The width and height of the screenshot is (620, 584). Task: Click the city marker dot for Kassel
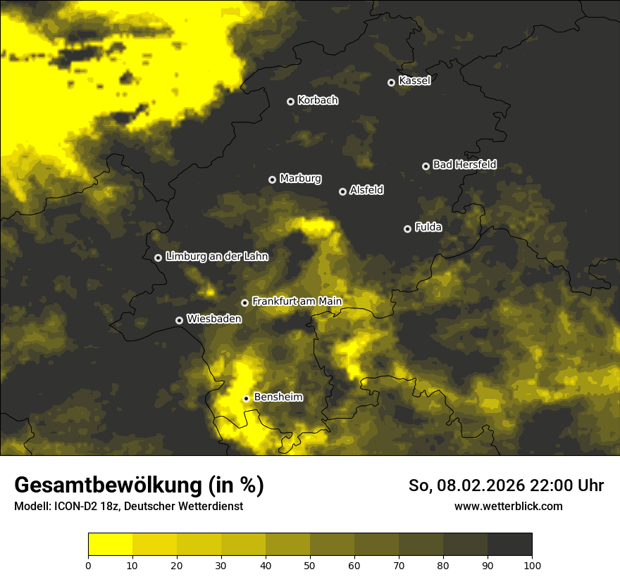pos(391,82)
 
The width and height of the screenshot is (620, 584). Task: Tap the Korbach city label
pos(318,101)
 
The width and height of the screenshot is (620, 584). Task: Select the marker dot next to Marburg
pos(272,179)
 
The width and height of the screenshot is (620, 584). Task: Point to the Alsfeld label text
pos(366,190)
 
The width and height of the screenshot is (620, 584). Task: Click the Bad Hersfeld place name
pos(464,165)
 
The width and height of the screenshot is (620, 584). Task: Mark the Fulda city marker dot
pos(407,229)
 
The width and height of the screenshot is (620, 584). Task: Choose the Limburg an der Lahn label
pos(216,256)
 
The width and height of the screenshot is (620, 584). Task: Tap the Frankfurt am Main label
pos(297,301)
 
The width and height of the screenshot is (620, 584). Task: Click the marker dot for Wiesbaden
pos(179,320)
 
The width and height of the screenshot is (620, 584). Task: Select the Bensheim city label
pos(278,397)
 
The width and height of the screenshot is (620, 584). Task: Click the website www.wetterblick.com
pos(508,507)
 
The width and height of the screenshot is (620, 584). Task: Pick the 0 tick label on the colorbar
pos(88,565)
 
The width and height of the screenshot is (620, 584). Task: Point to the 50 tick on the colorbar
pos(310,565)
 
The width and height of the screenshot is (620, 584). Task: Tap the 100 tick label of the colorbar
pos(532,565)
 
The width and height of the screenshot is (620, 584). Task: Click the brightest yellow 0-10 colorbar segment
pos(110,545)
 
